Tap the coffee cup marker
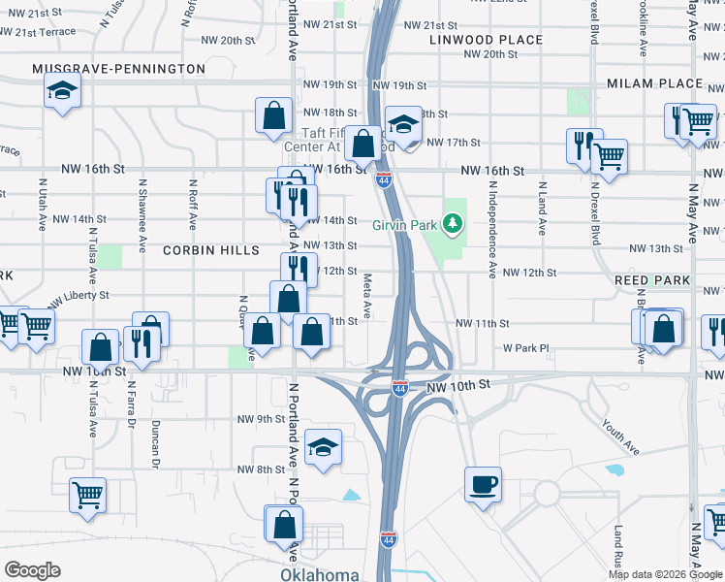tap(482, 484)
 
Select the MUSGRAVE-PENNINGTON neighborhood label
tap(118, 69)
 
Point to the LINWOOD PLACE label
tap(487, 40)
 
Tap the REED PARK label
tap(652, 280)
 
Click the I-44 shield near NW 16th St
tap(385, 180)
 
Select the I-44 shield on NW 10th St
tap(399, 388)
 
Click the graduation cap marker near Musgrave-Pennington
tap(63, 91)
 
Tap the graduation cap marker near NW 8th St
tap(324, 447)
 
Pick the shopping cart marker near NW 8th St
tap(88, 496)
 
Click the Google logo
tap(32, 569)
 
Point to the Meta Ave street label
tap(367, 297)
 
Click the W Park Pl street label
tap(525, 347)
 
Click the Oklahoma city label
tap(320, 574)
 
